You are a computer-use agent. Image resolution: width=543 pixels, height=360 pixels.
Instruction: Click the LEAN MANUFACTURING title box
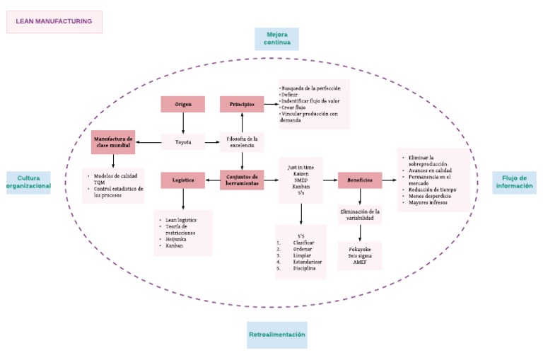[54, 22]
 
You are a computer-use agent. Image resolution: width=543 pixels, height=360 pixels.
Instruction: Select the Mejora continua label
[277, 39]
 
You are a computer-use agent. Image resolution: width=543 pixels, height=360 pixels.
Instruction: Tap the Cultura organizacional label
[28, 182]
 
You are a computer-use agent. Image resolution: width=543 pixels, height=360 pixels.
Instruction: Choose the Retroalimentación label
[277, 334]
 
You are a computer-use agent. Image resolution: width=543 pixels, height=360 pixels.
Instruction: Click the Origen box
[183, 105]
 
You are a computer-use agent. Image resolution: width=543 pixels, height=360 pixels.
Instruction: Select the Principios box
[241, 105]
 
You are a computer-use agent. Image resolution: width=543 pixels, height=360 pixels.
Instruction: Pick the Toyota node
[183, 143]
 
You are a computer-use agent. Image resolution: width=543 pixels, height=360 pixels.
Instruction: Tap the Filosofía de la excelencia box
[241, 142]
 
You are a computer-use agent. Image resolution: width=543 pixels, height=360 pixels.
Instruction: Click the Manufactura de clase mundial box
[112, 143]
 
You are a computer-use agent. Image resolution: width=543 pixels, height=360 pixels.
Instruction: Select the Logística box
[182, 180]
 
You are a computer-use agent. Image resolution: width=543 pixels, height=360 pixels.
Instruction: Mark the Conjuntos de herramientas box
[241, 180]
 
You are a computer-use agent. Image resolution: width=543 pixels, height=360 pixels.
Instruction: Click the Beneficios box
[360, 180]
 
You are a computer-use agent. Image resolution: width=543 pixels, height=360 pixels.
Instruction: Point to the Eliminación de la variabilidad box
[360, 215]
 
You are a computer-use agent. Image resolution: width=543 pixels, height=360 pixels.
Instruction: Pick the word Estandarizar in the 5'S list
[308, 262]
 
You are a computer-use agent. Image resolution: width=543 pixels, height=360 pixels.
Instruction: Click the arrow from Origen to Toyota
[183, 124]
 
